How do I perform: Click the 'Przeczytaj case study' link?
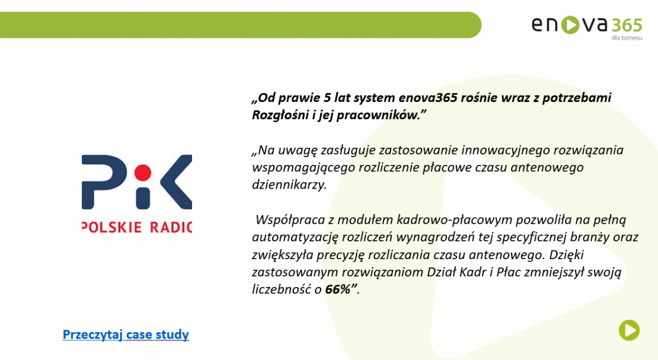pos(126,334)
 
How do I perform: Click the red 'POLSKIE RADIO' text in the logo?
pos(137,227)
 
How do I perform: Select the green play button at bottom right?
pos(629,330)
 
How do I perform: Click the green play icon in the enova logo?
pos(571,24)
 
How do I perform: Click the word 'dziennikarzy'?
pos(289,184)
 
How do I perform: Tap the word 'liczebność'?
pos(282,289)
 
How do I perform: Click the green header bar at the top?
pos(237,24)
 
